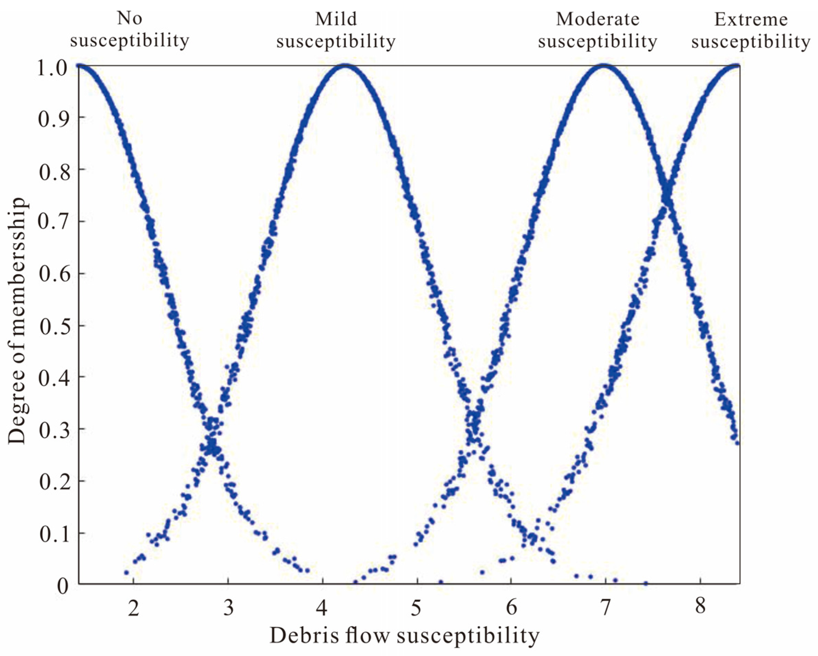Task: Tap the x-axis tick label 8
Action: [700, 606]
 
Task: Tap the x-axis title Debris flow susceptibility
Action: [404, 635]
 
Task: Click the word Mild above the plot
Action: [336, 19]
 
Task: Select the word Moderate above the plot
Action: [597, 19]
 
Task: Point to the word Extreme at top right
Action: [751, 19]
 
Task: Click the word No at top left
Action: [129, 18]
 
